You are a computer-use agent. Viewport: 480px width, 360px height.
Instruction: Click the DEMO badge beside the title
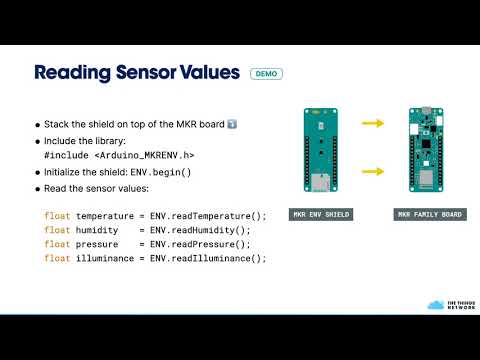267,74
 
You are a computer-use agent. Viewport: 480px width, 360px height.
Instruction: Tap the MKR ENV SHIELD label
320,215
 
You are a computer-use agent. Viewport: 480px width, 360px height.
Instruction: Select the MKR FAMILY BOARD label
430,215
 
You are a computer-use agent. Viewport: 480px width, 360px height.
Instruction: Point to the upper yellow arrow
373,124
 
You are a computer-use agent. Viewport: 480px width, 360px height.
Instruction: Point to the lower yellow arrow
373,171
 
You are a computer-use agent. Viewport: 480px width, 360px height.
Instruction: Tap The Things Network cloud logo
434,304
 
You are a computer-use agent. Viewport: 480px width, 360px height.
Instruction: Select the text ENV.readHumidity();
201,230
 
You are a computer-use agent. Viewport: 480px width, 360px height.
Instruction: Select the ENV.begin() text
160,172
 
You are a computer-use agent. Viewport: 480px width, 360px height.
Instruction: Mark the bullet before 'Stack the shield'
38,125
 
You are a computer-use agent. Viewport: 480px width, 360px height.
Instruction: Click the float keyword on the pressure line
57,244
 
